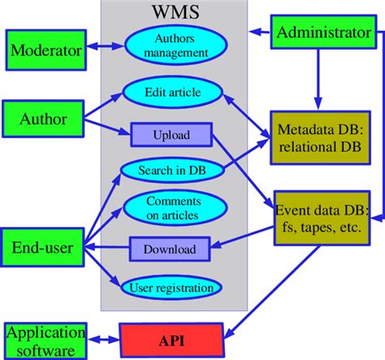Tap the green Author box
coord(45,120)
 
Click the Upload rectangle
coord(171,134)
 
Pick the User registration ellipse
coord(171,286)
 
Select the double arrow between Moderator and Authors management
coord(106,50)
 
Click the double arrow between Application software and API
coord(102,340)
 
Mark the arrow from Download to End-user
coord(106,245)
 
